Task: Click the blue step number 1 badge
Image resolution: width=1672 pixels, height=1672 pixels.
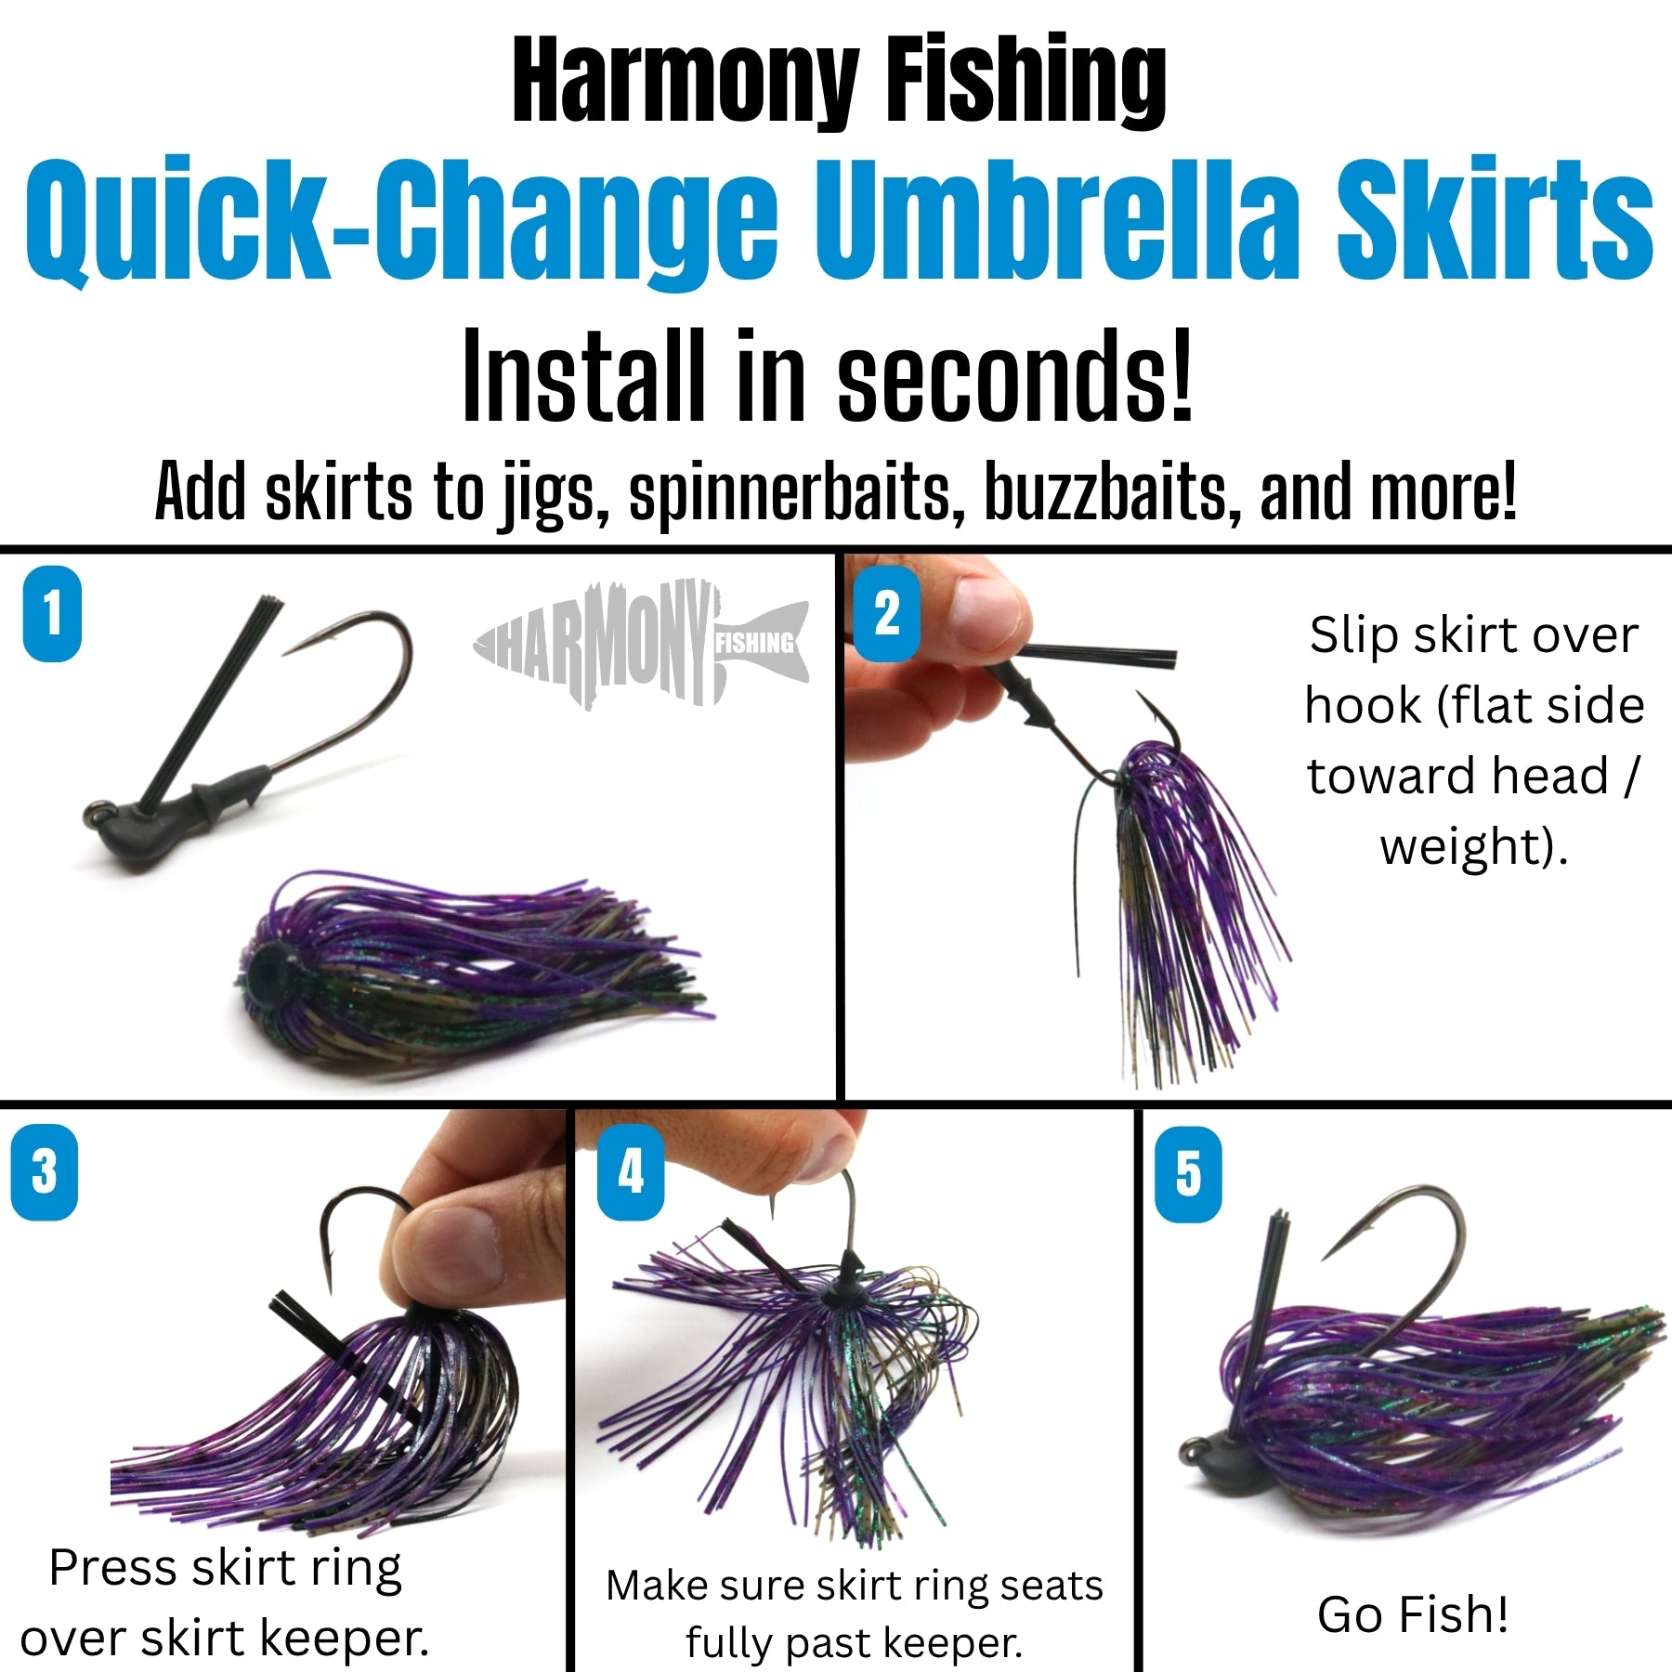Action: [52, 614]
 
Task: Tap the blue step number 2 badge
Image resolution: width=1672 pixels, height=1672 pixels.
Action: [886, 614]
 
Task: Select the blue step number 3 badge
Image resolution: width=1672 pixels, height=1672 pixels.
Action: [44, 1172]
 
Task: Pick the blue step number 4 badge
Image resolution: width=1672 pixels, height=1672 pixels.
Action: [631, 1172]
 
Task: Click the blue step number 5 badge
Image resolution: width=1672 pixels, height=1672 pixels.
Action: [1188, 1174]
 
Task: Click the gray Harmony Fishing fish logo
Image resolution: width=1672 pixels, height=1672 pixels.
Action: [641, 643]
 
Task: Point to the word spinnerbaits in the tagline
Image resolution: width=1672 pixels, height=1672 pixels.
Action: [790, 492]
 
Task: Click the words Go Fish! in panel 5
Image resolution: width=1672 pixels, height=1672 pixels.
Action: [1412, 1614]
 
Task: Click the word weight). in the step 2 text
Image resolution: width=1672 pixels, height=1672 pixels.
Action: [1474, 847]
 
